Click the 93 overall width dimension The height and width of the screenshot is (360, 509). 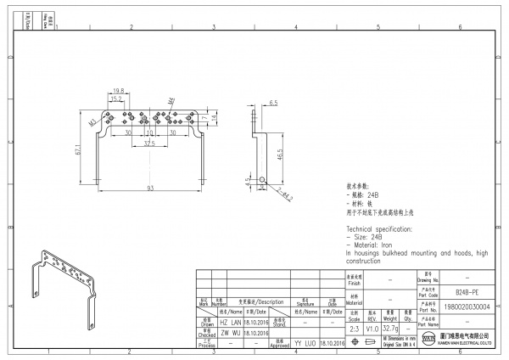tap(150, 187)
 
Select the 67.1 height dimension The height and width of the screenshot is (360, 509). tap(79, 149)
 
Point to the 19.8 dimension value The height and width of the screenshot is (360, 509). tap(118, 91)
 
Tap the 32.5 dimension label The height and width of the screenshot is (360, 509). tap(148, 143)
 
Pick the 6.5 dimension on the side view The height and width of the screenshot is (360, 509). tap(273, 103)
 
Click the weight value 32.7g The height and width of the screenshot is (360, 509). tap(391, 328)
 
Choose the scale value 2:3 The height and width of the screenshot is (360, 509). tap(353, 328)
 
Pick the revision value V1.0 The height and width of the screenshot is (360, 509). tap(372, 328)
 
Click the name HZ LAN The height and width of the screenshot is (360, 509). tap(231, 323)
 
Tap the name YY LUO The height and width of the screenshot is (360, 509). tap(305, 342)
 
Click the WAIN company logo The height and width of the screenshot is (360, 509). tap(428, 341)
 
